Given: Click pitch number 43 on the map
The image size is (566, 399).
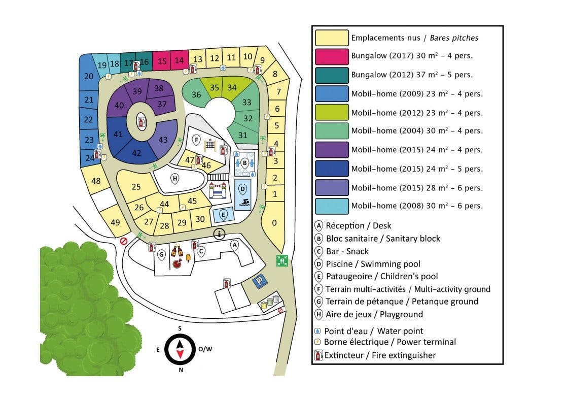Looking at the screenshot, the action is point(163,140).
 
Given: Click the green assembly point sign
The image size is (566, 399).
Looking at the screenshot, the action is point(282,260).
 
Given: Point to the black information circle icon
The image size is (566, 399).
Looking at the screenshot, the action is point(219,234).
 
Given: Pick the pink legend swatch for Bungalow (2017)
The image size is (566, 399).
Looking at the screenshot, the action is point(332,56).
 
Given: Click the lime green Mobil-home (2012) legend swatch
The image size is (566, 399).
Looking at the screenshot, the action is point(332,112).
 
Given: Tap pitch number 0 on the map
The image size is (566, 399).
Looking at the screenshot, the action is point(274,223).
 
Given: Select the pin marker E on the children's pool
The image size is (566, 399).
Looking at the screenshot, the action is point(223,215).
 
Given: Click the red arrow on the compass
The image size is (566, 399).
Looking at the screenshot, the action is point(180,354).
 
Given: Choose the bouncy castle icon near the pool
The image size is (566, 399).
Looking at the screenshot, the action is point(217,190).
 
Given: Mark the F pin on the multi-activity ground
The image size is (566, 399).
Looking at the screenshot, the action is point(196,140).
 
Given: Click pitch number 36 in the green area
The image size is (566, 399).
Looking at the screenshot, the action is point(196,95).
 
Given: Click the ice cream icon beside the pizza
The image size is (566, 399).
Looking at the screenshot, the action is point(188,258).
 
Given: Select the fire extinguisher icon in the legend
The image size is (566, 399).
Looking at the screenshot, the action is point(318,355).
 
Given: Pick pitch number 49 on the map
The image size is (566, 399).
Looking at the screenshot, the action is point(115,222).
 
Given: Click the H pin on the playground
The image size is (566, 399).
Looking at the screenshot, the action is point(175,179).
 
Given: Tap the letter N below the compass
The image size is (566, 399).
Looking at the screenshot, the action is point(181,370).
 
